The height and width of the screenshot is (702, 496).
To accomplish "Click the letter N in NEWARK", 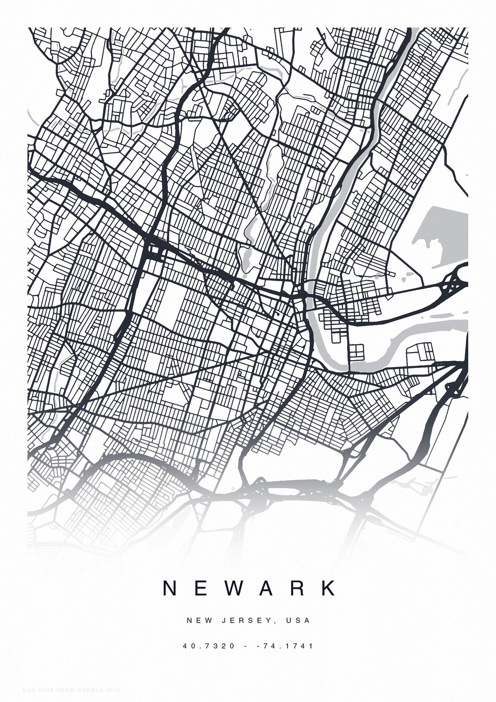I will pyautogui.click(x=170, y=588).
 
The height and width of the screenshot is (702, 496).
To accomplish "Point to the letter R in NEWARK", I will pyautogui.click(x=299, y=588).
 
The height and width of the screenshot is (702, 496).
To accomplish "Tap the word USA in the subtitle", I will pyautogui.click(x=298, y=620).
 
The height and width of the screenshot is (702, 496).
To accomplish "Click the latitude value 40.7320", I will pyautogui.click(x=209, y=646).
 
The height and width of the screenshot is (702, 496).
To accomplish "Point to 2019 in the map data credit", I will pyautogui.click(x=112, y=690).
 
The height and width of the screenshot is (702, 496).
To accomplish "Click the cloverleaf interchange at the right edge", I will pyautogui.click(x=454, y=285).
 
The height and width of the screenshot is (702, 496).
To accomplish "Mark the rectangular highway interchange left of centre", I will pyautogui.click(x=155, y=251).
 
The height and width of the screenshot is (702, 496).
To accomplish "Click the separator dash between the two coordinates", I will pyautogui.click(x=247, y=646).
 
